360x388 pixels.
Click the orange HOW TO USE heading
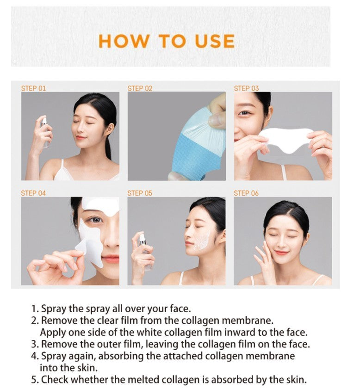click(x=167, y=41)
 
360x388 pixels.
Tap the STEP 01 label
click(x=33, y=88)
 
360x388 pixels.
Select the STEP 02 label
click(x=140, y=88)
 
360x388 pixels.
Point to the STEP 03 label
click(x=246, y=88)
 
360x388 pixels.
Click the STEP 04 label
click(x=33, y=193)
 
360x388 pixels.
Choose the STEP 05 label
click(x=140, y=193)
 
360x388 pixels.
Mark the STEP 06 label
click(x=246, y=193)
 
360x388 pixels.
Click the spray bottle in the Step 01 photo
click(x=44, y=132)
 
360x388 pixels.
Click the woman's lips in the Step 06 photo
click(x=280, y=253)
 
